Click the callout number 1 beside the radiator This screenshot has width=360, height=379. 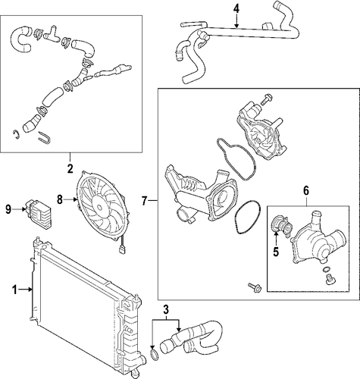tap(14, 290)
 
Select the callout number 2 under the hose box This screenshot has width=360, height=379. tap(70, 168)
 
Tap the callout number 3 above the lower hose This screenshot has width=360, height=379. tap(166, 310)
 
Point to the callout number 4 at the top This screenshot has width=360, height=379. tap(236, 9)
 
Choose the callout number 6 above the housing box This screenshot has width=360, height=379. tap(306, 191)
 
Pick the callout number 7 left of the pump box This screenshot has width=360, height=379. tap(144, 201)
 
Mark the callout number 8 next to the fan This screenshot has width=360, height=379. tap(60, 199)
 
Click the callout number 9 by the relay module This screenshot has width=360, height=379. tap(8, 209)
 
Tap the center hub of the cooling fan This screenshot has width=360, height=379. tap(99, 207)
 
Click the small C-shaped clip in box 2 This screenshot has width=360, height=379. tap(16, 135)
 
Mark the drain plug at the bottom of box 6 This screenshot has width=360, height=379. tap(329, 280)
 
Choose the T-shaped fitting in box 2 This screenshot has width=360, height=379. tap(52, 35)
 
